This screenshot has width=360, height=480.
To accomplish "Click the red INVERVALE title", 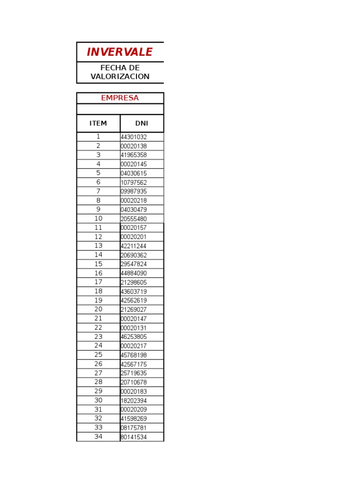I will [x=120, y=52].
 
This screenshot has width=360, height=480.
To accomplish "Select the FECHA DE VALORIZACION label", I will [x=120, y=72].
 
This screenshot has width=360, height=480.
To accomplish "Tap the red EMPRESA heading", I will [x=120, y=98].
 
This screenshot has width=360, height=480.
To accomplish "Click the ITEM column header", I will [x=98, y=123].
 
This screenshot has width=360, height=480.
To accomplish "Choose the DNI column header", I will [x=142, y=123].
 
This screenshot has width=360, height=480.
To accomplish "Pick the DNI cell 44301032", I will [x=134, y=137].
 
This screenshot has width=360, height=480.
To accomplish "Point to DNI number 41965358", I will [x=134, y=155].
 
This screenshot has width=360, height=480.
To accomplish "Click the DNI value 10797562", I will [x=134, y=182].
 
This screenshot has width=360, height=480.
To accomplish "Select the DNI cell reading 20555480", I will [x=134, y=219].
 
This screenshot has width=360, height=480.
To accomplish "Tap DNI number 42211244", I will [x=134, y=246].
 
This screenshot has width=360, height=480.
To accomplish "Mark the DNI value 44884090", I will [x=134, y=273].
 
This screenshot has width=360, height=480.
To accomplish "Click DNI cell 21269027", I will [x=134, y=310].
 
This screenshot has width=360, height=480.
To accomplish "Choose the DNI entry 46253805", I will [x=134, y=337].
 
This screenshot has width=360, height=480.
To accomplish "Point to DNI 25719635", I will [x=134, y=373].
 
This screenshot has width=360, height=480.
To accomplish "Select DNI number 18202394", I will [x=134, y=401].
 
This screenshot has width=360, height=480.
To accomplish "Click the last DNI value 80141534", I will [x=134, y=437].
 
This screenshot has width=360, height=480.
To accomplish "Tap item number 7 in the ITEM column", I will [x=98, y=191].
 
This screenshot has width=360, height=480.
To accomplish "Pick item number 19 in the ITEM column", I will [x=98, y=300].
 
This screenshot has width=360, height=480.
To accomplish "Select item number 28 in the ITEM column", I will [x=98, y=382].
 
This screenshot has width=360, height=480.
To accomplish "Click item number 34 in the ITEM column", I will [x=98, y=436].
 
